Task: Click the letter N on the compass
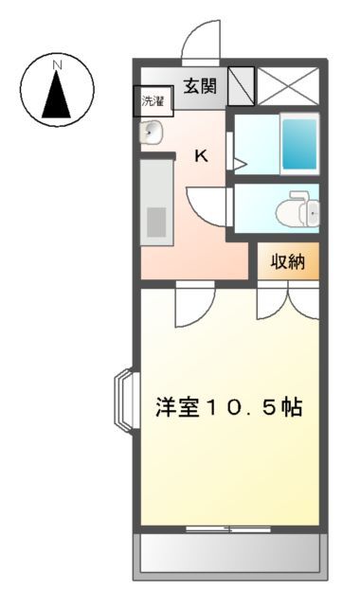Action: tap(57, 65)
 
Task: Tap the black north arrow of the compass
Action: tap(57, 96)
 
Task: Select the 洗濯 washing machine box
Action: tap(153, 100)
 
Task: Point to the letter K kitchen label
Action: tap(202, 156)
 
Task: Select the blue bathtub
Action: tap(298, 144)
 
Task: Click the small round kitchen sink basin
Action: tap(152, 134)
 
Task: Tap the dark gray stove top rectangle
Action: tap(155, 222)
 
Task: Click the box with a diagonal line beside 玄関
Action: tap(241, 85)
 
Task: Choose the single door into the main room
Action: tap(193, 303)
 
